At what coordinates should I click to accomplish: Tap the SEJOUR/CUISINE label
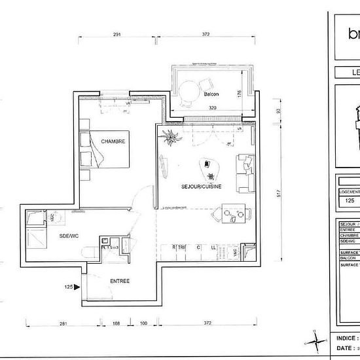tap(202, 187)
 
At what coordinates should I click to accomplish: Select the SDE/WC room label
tap(69, 234)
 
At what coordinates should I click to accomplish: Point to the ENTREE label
tap(119, 281)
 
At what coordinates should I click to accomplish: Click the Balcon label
tap(211, 94)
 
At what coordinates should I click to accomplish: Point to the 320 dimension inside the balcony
tap(213, 107)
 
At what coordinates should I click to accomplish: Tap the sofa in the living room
tap(246, 173)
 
